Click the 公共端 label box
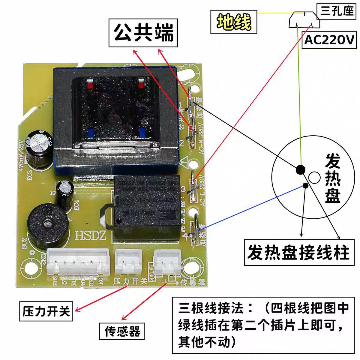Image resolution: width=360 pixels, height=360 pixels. click(x=143, y=33)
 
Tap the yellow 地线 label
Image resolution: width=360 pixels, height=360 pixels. click(x=234, y=22)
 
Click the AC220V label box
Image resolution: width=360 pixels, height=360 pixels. click(x=329, y=40)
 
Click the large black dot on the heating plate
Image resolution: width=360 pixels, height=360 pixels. click(x=300, y=170)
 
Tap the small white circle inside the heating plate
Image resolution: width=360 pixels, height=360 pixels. click(x=315, y=178)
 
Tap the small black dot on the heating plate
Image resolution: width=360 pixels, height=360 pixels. click(x=305, y=185)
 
